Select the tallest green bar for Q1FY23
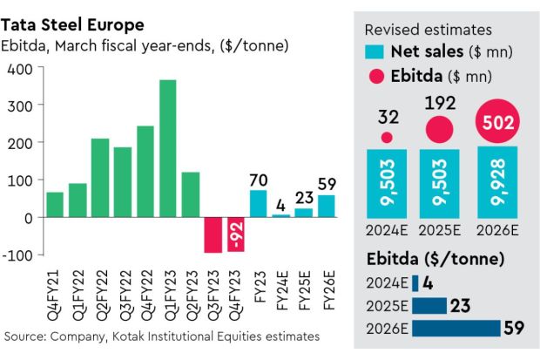pos(168,148)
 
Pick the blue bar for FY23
pos(259,203)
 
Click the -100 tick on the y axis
pos(17,255)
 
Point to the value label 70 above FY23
pos(259,180)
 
